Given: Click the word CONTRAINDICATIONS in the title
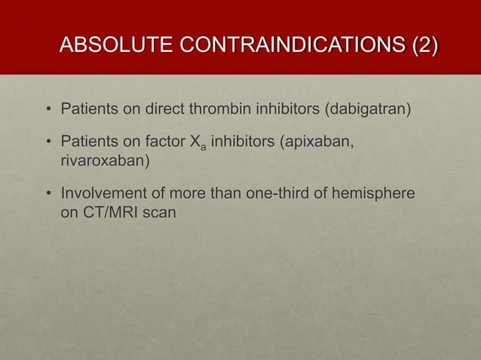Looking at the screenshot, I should (291, 44).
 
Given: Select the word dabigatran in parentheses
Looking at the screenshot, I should (368, 112).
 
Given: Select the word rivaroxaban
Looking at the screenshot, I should (102, 160).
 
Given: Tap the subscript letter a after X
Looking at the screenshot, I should (204, 145).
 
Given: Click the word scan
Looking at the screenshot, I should (160, 215).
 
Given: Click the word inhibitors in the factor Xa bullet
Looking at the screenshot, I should (244, 140).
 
